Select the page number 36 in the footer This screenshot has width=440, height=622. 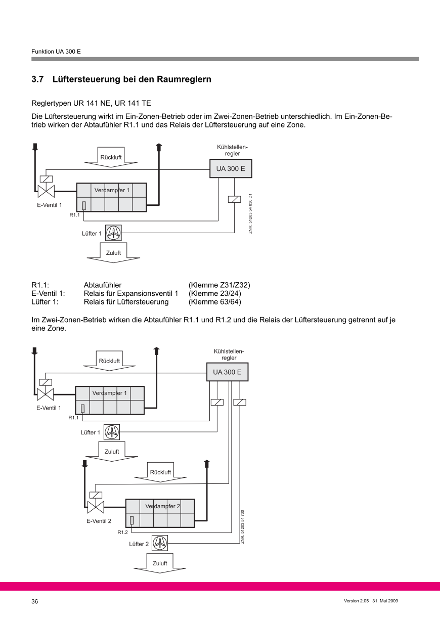coord(35,602)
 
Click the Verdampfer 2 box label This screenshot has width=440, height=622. coord(162,506)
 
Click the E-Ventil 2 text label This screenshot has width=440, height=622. coord(99,520)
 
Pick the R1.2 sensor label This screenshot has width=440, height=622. coord(123,532)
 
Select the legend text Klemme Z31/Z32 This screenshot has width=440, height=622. coord(219,285)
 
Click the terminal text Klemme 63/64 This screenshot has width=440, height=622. coord(215,302)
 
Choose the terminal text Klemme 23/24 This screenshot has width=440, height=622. coord(215,294)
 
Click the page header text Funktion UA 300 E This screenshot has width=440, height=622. coord(56,52)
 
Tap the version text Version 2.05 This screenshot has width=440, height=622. coord(356,602)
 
